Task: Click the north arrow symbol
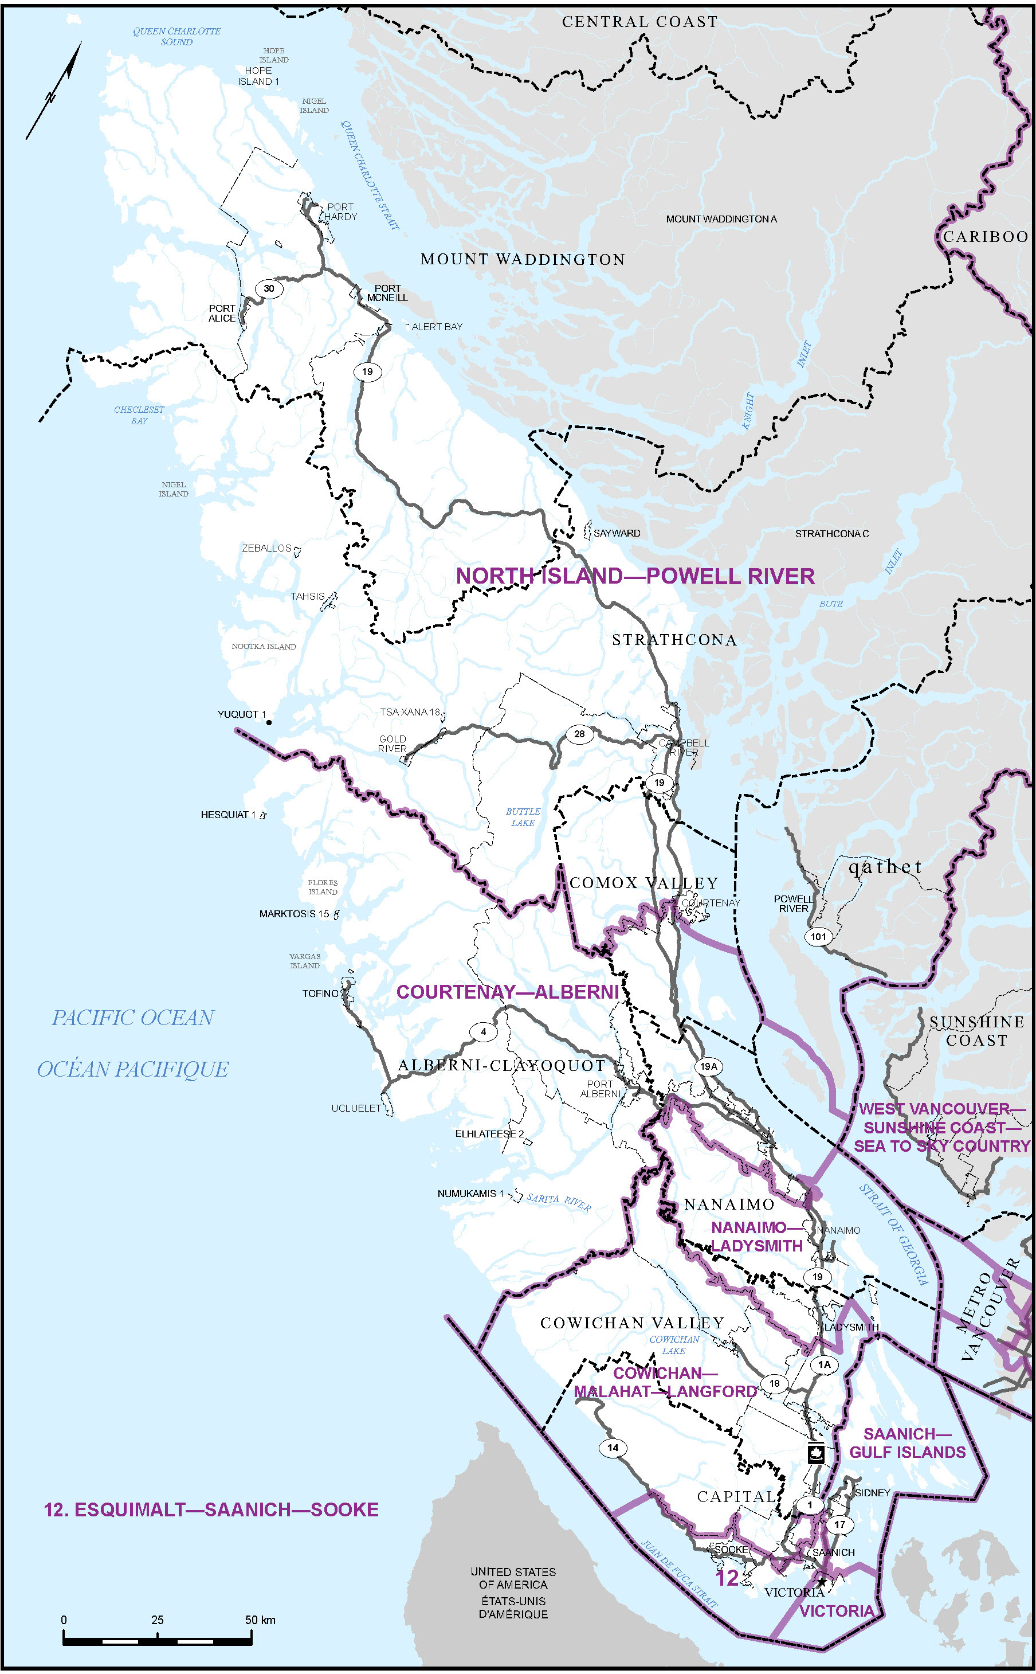coord(53,91)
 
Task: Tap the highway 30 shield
coord(269,288)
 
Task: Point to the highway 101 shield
coord(818,936)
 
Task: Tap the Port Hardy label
coord(340,212)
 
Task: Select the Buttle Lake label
coord(523,817)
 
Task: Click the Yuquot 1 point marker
coord(269,722)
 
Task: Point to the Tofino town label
coord(320,994)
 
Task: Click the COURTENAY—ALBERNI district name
coord(508,992)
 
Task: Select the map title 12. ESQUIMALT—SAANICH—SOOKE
coord(211,1509)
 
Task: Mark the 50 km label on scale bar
coord(260,1620)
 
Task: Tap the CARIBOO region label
coord(986,237)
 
